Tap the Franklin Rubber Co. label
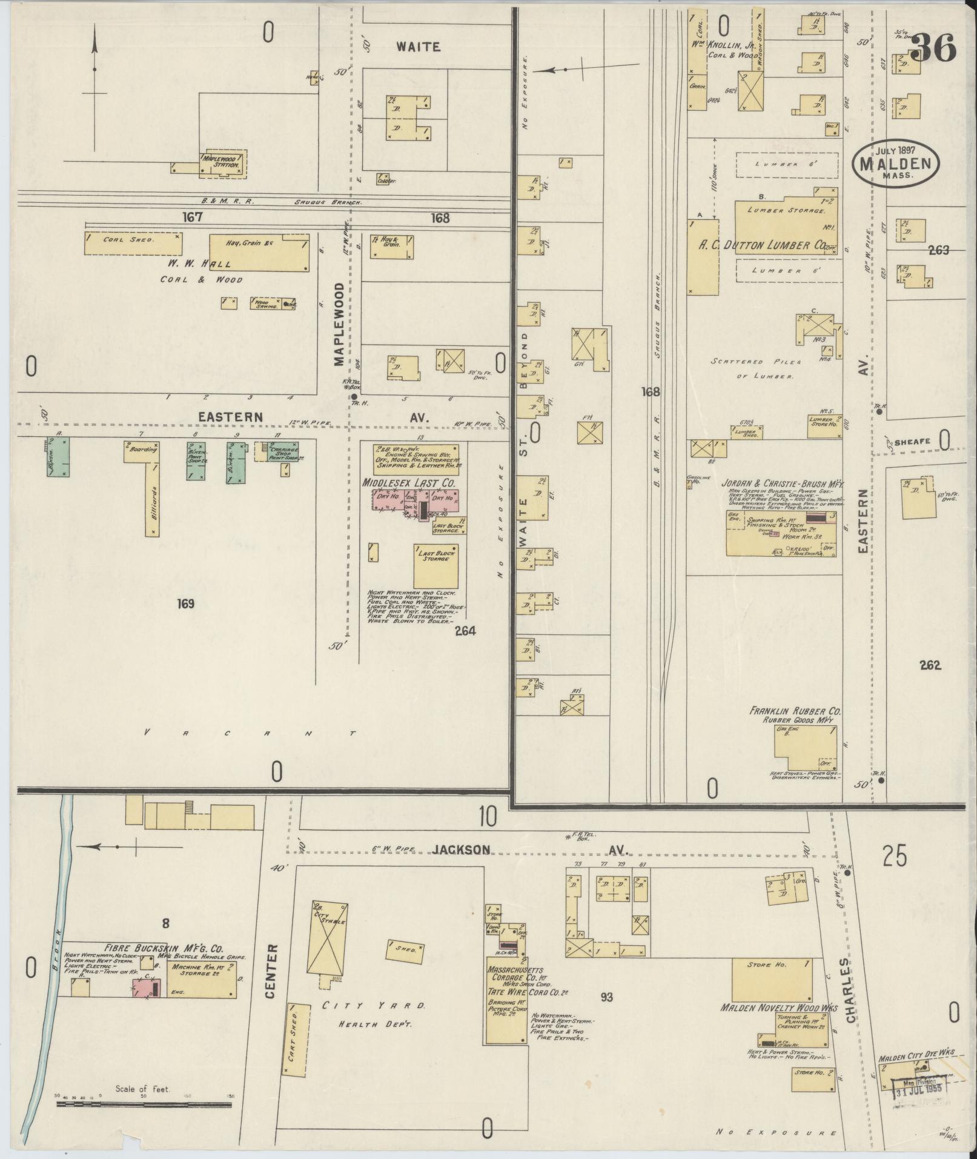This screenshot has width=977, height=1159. click(x=795, y=711)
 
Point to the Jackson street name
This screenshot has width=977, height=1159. click(x=469, y=849)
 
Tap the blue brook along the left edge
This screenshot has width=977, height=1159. click(x=54, y=969)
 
